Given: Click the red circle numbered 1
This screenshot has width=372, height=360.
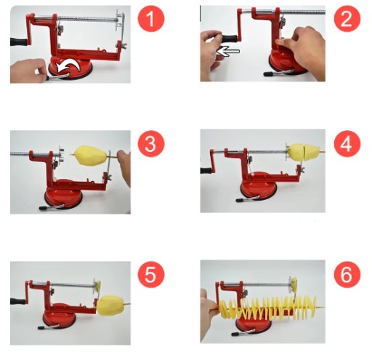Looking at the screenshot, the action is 151,19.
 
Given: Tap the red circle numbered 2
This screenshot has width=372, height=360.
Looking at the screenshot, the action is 347,19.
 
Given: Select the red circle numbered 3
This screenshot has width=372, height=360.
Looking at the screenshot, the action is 151,144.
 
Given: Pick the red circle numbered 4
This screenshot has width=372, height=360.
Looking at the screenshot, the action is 347,144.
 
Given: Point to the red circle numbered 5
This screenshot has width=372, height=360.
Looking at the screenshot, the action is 151,274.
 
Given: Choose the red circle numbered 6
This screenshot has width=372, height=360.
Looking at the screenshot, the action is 347,274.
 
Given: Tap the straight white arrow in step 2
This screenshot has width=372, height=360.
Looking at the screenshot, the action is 227,52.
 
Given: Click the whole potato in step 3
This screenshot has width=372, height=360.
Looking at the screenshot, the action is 89,156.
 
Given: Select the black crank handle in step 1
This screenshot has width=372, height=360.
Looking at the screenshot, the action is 18,41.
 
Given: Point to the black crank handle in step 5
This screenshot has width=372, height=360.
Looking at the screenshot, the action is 17,301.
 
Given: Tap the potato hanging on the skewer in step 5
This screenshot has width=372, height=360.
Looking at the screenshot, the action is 111,305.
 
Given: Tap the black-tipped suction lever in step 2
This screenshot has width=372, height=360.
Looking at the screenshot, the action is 278,73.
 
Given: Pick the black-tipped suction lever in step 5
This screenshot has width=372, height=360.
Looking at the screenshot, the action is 49,327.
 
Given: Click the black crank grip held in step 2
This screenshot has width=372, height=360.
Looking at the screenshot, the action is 229,39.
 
